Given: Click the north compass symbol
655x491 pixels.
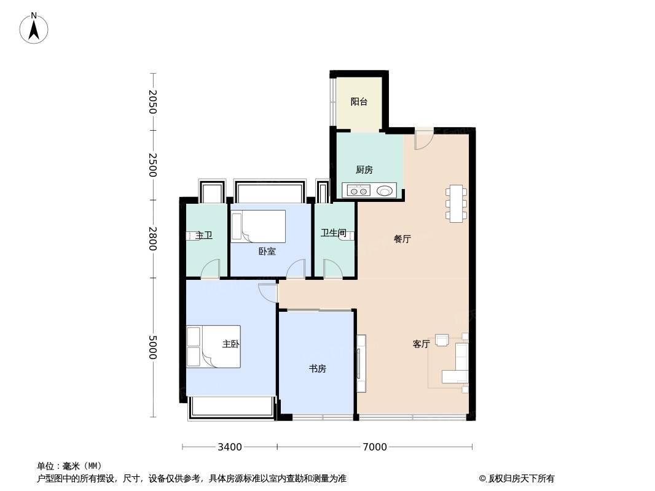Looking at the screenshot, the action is pyautogui.click(x=34, y=28).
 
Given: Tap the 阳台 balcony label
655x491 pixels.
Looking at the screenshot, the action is pyautogui.click(x=359, y=101).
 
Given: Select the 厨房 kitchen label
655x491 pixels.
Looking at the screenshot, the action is pyautogui.click(x=364, y=170).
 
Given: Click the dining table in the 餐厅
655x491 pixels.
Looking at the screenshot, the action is pyautogui.click(x=456, y=204).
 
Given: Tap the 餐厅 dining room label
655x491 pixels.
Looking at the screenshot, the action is pyautogui.click(x=402, y=239).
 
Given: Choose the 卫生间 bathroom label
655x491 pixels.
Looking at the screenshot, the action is pyautogui.click(x=334, y=233).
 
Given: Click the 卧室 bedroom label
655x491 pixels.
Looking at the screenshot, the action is pyautogui.click(x=267, y=251).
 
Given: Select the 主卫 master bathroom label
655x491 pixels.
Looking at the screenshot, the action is pyautogui.click(x=204, y=236).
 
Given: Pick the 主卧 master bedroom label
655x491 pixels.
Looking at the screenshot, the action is pyautogui.click(x=230, y=344).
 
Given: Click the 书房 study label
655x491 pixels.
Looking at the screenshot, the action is pyautogui.click(x=318, y=369).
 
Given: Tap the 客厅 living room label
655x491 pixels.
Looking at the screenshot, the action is pyautogui.click(x=421, y=344).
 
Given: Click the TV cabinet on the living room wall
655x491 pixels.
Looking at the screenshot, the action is pyautogui.click(x=361, y=363).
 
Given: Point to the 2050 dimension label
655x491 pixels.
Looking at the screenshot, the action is pyautogui.click(x=153, y=102).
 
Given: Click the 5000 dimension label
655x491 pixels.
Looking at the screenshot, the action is pyautogui.click(x=153, y=347).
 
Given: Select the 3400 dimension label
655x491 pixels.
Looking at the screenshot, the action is pyautogui.click(x=230, y=447).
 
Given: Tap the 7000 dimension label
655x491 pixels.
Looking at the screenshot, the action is pyautogui.click(x=375, y=447).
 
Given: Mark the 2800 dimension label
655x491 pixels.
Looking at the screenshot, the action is pyautogui.click(x=153, y=239).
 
